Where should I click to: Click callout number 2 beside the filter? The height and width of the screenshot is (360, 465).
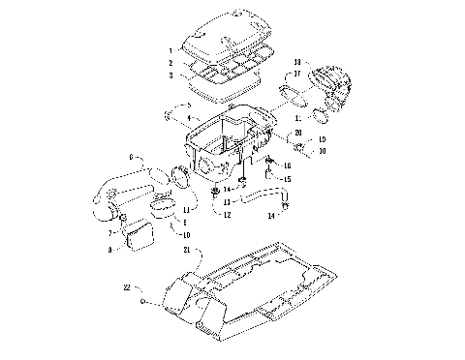point(170,62)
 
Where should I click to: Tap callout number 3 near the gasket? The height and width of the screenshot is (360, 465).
point(170,75)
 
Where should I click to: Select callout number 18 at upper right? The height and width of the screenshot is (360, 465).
point(298,61)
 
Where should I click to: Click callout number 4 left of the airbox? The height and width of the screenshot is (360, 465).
point(175,117)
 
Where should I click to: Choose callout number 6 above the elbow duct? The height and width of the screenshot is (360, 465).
point(132,157)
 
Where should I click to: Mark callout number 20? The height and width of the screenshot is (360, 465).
point(298,132)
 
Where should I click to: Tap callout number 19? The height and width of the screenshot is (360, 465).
point(323,140)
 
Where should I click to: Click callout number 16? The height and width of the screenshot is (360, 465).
point(287,165)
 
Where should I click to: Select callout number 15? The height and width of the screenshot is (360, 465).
point(287,179)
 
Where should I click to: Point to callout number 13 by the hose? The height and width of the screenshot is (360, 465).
point(226,202)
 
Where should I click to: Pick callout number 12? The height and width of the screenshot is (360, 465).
point(226,214)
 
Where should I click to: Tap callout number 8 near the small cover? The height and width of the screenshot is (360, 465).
point(112,250)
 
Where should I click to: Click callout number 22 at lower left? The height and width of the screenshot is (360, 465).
point(127,285)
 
